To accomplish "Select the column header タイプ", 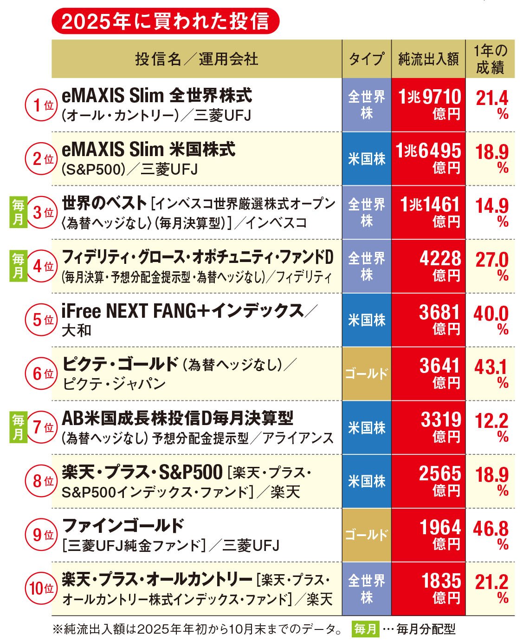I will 366,59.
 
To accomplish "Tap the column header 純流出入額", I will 428,59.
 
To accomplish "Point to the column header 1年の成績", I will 490,59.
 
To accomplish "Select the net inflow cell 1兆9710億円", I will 428,105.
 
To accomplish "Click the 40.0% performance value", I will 491,320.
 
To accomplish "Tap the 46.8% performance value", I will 491,535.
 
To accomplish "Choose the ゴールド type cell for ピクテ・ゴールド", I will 366,373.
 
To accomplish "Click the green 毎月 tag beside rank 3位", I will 18,212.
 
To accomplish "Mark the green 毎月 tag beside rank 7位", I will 18,427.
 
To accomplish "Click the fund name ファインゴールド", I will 123,525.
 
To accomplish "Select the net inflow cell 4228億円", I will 428,266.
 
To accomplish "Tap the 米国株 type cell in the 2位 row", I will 366,159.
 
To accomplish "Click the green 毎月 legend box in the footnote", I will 365,629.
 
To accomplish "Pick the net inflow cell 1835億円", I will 428,589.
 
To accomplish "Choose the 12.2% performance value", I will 491,427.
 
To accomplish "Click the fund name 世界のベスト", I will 104,203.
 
